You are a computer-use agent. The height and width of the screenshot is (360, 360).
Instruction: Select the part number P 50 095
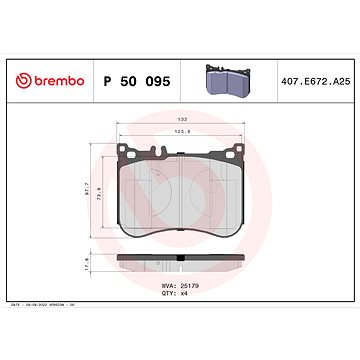pos(144,78)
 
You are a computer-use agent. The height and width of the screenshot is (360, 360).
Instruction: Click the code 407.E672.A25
pos(313,78)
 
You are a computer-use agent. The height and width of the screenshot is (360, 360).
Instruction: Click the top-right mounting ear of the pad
pos(237,152)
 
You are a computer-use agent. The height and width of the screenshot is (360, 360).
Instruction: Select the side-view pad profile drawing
pos(180,264)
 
